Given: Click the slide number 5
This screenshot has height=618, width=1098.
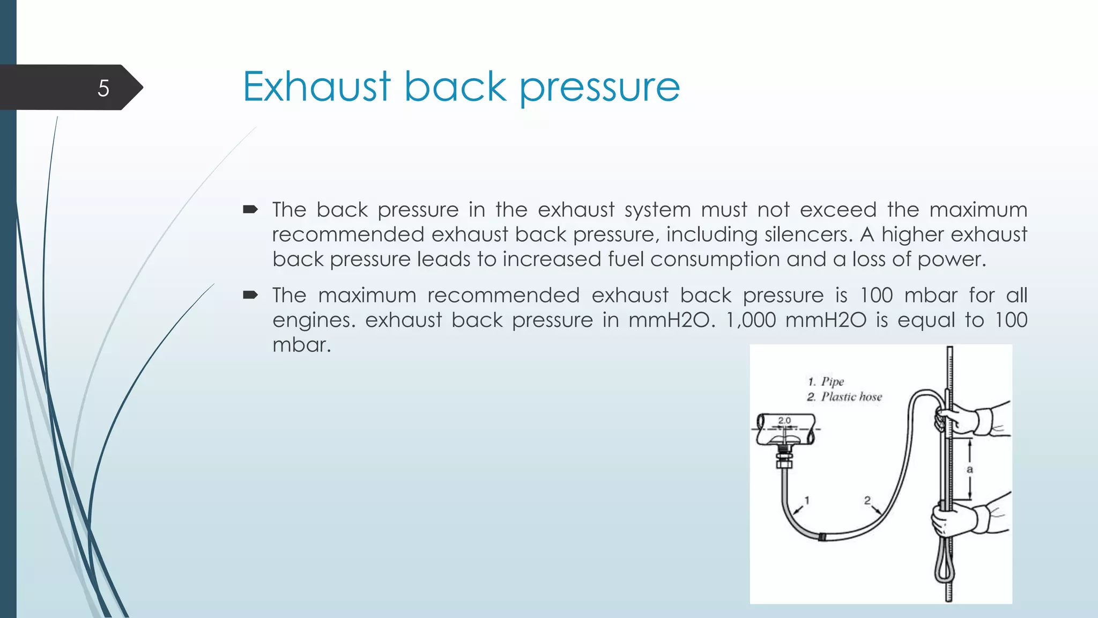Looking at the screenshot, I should point(103,88).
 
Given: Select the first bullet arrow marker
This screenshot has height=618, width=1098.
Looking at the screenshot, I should point(250,209).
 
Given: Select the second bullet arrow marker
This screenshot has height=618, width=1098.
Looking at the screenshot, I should point(250,295).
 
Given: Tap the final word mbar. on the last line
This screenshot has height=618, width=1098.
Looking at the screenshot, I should point(301,344).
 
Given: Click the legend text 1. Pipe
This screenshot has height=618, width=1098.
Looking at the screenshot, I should point(826,381).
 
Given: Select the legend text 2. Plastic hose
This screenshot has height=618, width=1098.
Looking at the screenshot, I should point(844,397).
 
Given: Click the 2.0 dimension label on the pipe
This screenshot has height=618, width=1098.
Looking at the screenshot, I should point(784,421).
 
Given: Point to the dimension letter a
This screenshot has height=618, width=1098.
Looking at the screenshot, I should point(969,469).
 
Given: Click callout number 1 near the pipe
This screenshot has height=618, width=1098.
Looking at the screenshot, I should point(807,500).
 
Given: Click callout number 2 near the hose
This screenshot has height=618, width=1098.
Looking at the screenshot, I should point(867,500).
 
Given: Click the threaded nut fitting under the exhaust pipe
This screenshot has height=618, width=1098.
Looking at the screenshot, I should point(784,459).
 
